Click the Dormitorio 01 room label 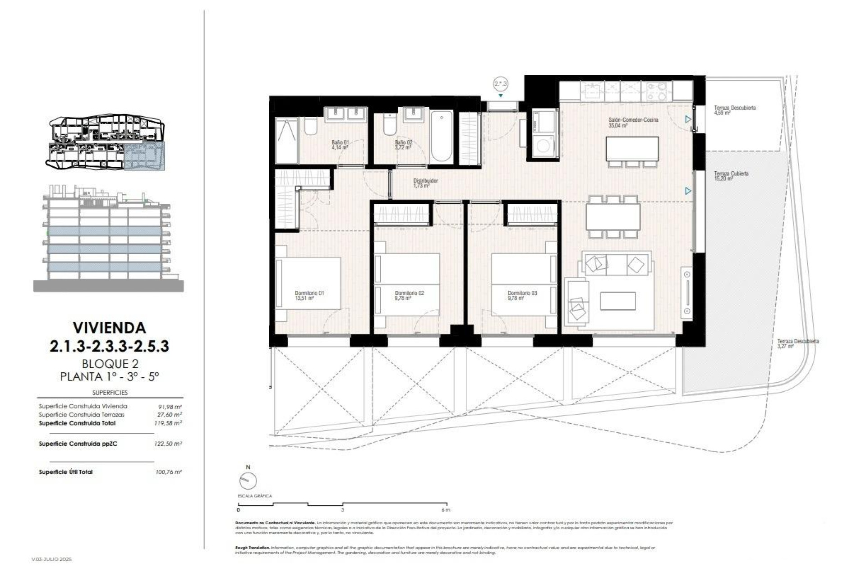[x=309, y=295]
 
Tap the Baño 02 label [x=403, y=145]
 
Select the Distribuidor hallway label [x=425, y=183]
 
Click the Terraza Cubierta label [x=731, y=176]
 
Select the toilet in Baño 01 [x=310, y=126]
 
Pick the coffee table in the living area [x=618, y=301]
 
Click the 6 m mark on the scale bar [x=446, y=510]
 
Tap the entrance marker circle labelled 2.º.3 [x=501, y=84]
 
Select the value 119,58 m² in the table [x=168, y=423]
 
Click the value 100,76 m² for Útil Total [x=168, y=472]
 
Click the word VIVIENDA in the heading [x=109, y=327]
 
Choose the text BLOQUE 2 [x=110, y=363]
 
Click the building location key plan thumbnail [x=107, y=142]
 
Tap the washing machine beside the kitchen [x=545, y=146]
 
